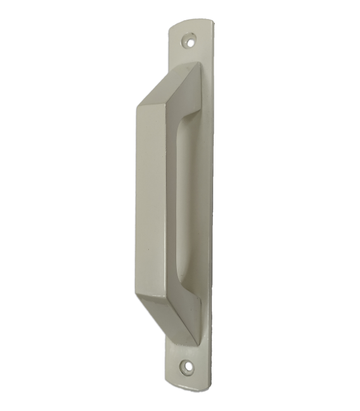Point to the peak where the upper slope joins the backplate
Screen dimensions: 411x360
tap(198, 64)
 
